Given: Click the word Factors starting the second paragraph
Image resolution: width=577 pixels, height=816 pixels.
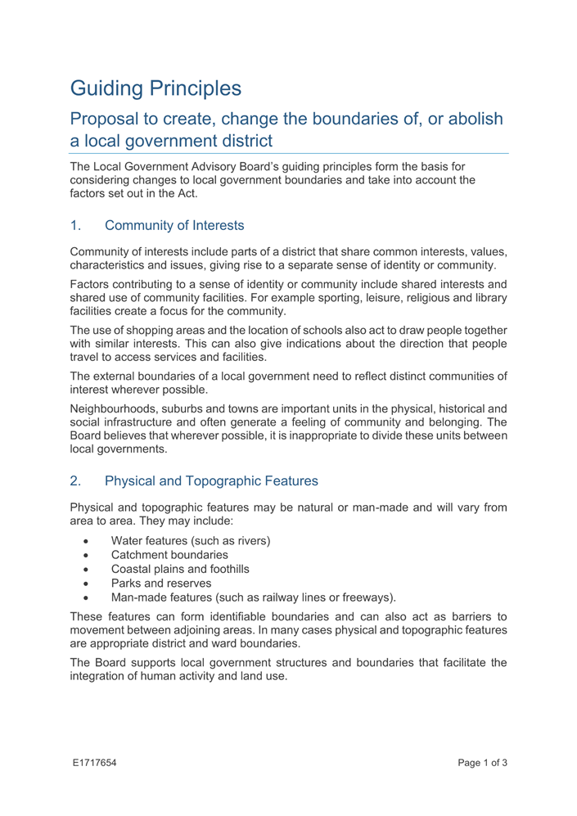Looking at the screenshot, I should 91,297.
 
